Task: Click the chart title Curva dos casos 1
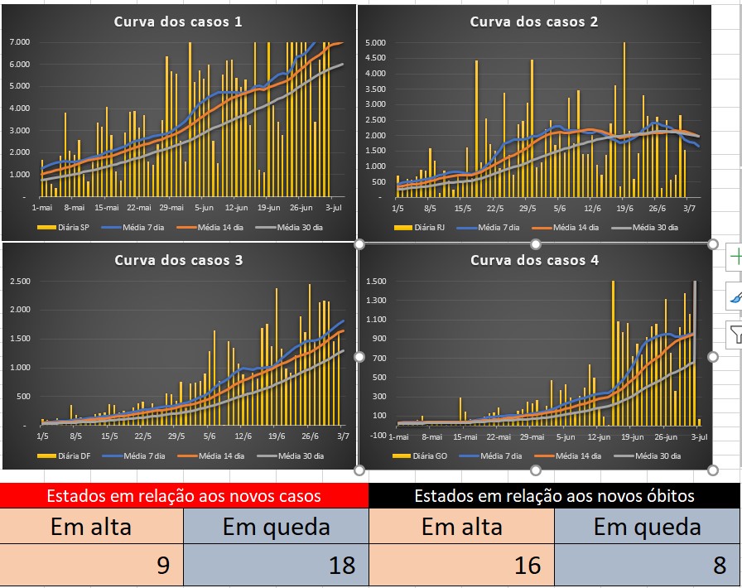tap(178, 22)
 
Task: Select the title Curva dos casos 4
tap(534, 260)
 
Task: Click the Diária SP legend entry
tap(64, 227)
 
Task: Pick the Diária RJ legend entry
tap(419, 227)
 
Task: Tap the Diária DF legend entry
tap(64, 456)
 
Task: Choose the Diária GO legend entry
tap(420, 456)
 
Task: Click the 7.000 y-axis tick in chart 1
tap(20, 42)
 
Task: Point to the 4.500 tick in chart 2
tap(376, 58)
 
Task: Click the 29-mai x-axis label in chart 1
tap(171, 207)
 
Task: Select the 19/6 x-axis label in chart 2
tap(624, 209)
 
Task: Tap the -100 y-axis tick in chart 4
tap(378, 435)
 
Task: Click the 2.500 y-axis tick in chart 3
tap(20, 282)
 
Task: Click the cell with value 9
tap(92, 565)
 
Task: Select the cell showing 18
tap(276, 565)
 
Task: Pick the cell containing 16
tap(461, 565)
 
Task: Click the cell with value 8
tap(647, 565)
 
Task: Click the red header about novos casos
tap(184, 496)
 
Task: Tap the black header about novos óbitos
tap(554, 496)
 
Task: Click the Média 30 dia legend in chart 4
tap(648, 456)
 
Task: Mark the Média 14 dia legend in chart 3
tap(211, 456)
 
